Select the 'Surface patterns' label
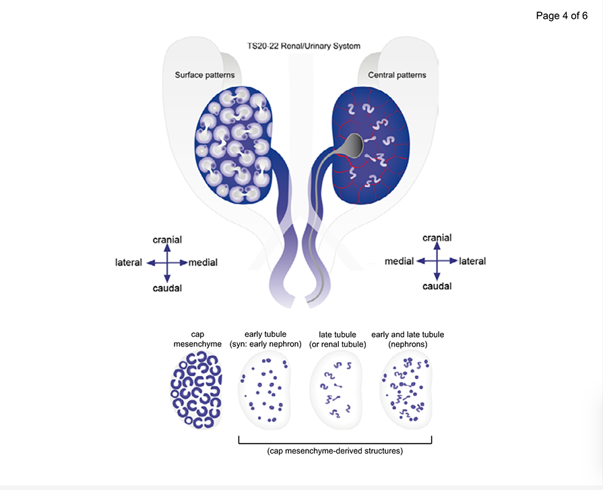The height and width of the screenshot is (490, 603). pos(205,75)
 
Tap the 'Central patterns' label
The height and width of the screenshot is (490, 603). pos(397,75)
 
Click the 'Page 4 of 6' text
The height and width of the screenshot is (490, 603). pos(561,16)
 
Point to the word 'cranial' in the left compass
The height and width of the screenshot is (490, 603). pos(167,239)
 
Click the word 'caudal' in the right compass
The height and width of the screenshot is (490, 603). pos(437,286)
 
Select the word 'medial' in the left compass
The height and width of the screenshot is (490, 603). pos(203,262)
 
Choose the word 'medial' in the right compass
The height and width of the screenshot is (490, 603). pos(399,261)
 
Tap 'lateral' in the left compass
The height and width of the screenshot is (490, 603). pos(129,262)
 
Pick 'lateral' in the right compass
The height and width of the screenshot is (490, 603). pos(472,261)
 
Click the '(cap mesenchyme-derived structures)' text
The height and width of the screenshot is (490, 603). pos(335,450)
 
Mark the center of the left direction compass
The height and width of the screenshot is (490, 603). pos(167,262)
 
